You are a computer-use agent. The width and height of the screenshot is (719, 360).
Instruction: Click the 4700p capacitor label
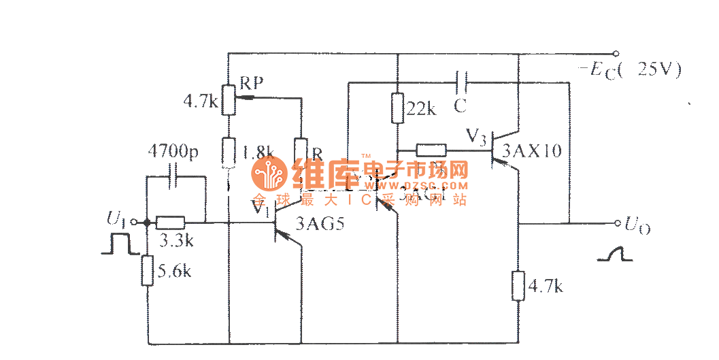(x=173, y=152)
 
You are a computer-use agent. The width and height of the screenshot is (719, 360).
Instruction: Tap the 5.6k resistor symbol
(x=147, y=270)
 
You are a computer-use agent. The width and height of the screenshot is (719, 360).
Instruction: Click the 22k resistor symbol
(x=397, y=108)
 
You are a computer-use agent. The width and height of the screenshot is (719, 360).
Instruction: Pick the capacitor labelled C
(x=461, y=82)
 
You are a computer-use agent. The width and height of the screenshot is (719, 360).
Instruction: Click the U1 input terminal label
(x=116, y=219)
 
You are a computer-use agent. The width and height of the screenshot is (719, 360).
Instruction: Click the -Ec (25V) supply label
(x=629, y=69)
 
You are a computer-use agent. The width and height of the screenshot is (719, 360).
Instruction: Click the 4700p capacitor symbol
(x=175, y=177)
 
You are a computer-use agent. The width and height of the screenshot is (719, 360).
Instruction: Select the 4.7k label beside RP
(x=201, y=103)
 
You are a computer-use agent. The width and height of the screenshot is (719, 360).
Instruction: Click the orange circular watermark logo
(x=269, y=176)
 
